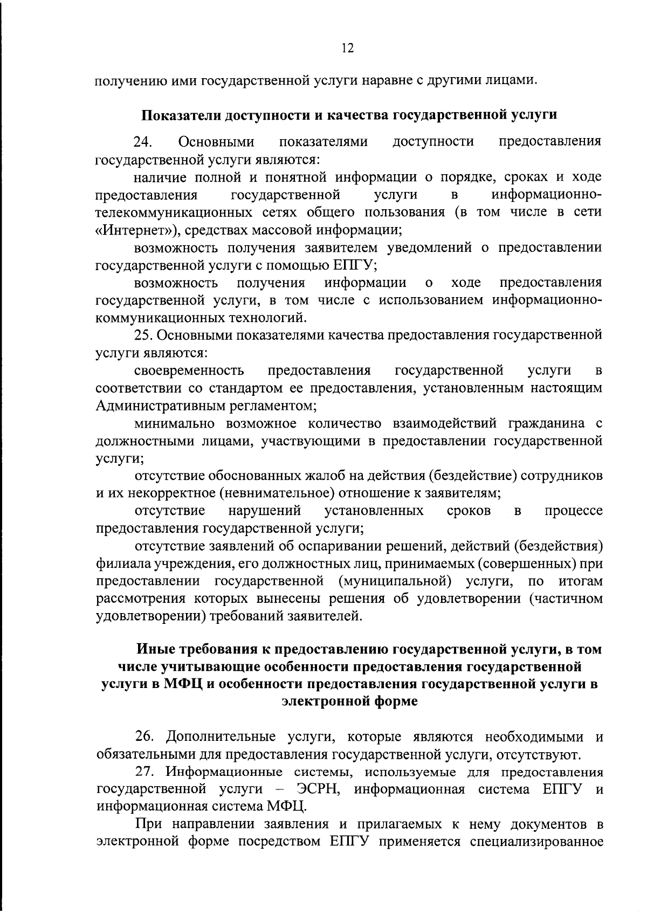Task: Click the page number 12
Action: [x=347, y=49]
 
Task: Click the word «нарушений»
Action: [x=264, y=510]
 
